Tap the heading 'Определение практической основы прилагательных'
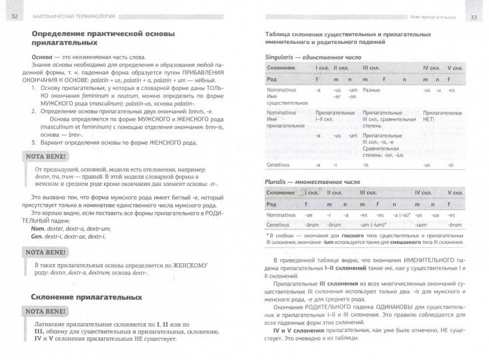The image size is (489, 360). pyautogui.click(x=93, y=39)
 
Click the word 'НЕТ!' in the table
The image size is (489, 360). pyautogui.click(x=428, y=119)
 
